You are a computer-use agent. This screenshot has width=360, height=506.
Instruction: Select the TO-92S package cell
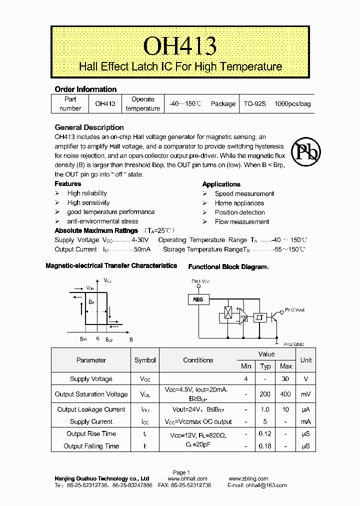254,104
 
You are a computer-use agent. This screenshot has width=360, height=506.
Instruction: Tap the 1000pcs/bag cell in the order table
292,104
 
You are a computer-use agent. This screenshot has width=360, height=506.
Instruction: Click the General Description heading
89,127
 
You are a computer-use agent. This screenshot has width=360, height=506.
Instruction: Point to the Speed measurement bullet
244,193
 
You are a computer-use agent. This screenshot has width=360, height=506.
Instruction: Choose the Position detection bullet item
239,212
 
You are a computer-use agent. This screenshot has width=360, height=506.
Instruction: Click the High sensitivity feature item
88,202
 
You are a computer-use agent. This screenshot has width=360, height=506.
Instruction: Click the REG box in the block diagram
198,299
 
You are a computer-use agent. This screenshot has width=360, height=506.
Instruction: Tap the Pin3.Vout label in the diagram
294,310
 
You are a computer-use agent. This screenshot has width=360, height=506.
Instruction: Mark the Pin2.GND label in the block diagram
293,344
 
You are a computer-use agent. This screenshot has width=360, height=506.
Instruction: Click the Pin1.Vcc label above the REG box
200,282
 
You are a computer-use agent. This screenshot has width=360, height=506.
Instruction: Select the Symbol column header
145,360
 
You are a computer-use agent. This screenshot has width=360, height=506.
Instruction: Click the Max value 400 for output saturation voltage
285,394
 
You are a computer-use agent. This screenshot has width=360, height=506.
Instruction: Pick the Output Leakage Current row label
91,409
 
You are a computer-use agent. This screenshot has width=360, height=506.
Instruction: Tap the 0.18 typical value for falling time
265,446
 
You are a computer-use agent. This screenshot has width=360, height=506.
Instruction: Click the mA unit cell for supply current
305,421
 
